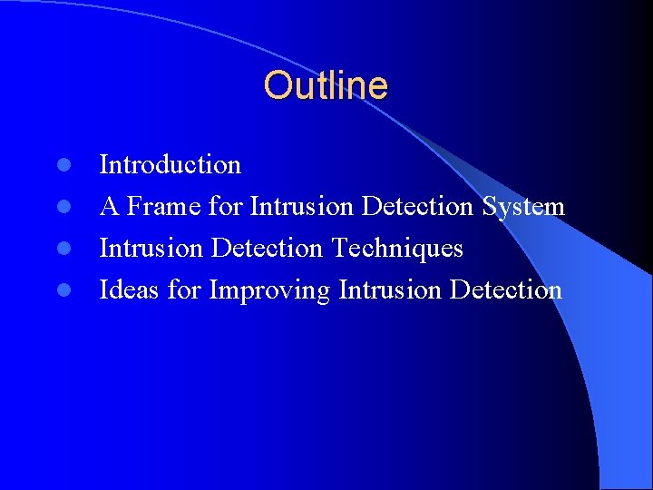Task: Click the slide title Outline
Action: [x=326, y=86]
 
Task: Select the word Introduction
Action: [x=170, y=165]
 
